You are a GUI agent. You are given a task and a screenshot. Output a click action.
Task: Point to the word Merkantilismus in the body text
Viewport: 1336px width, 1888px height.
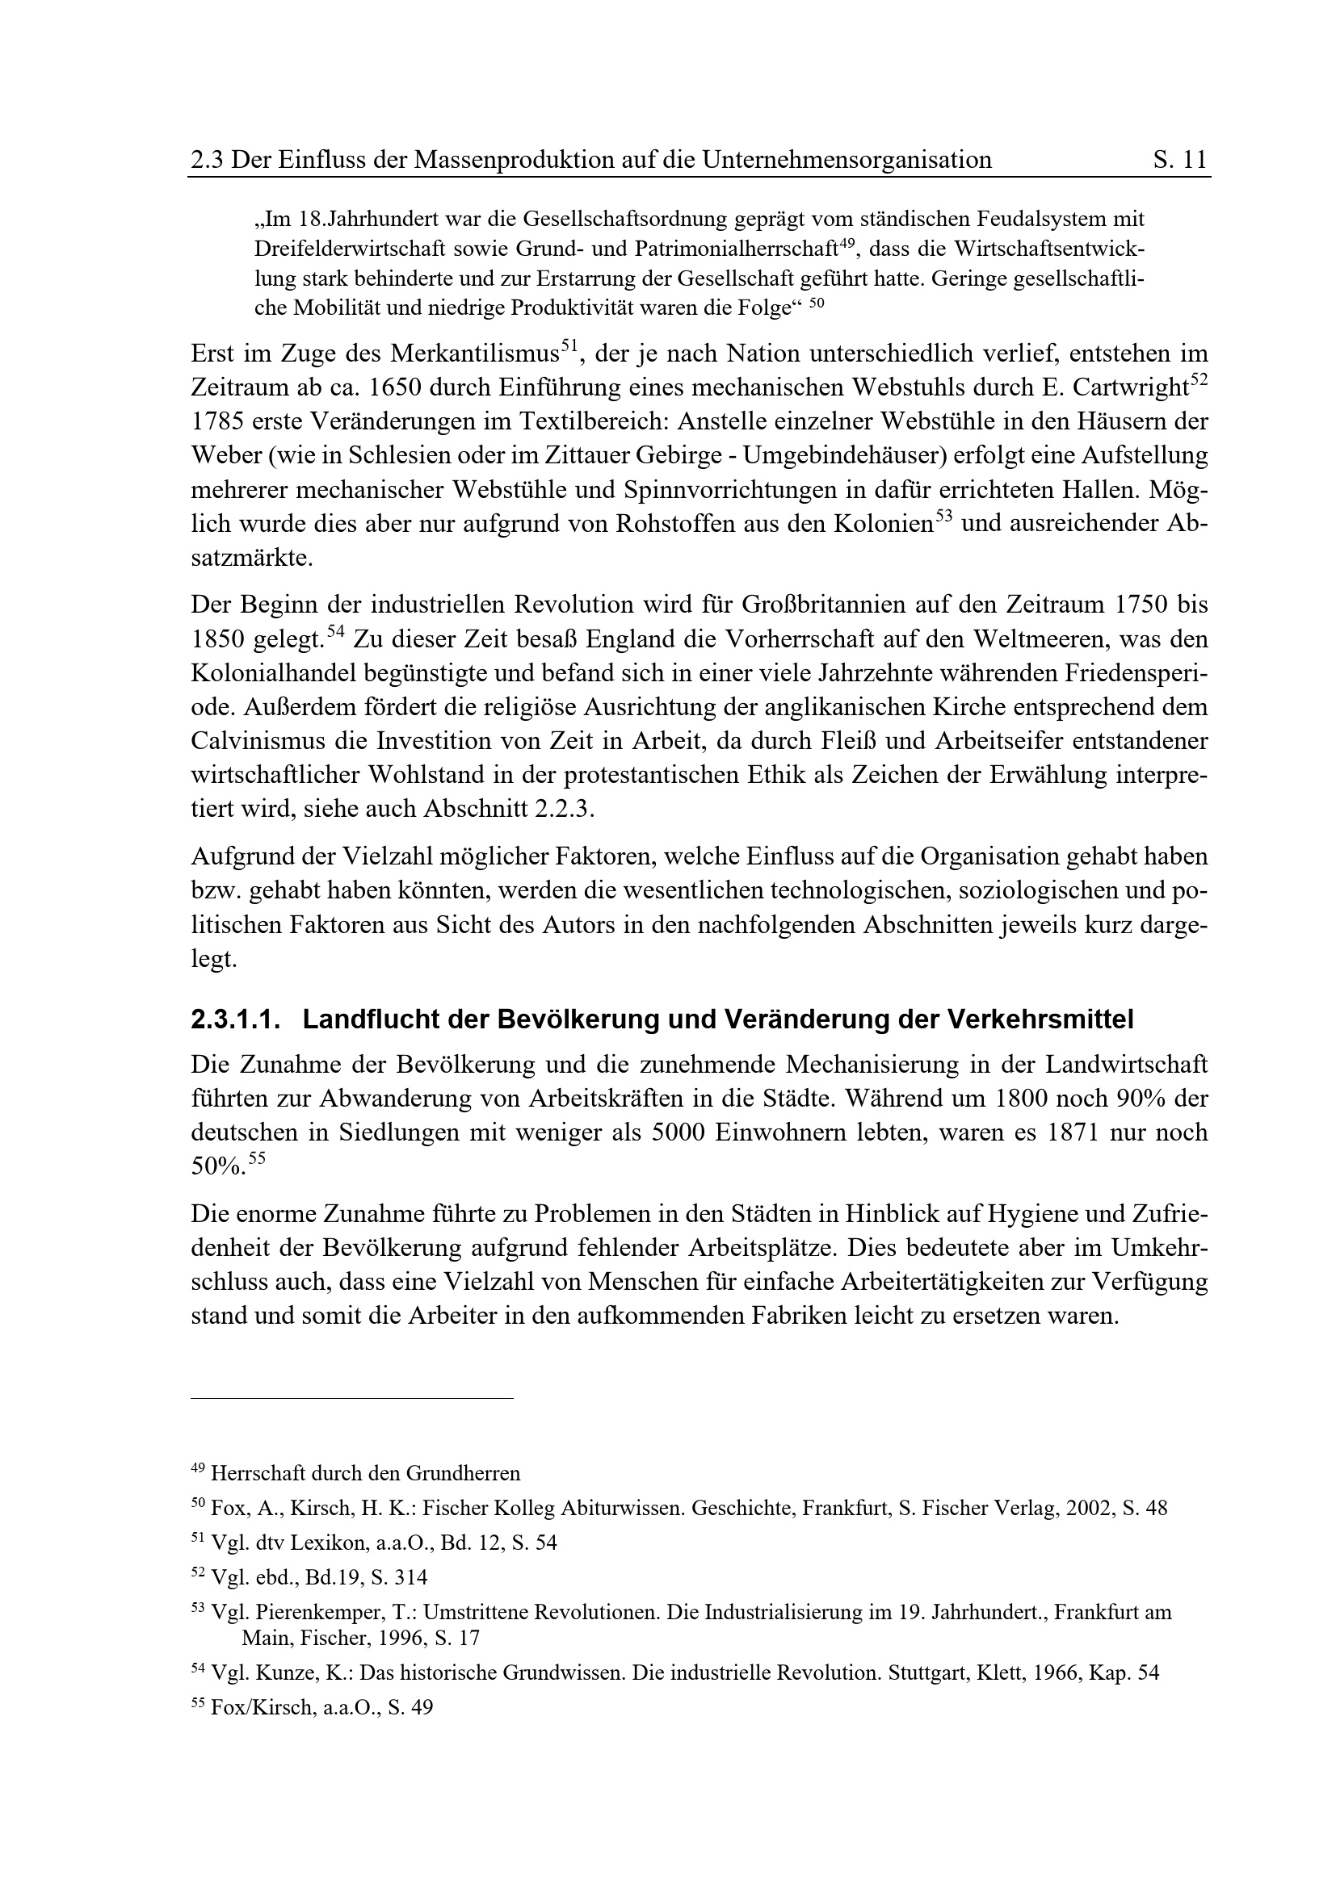pyautogui.click(x=475, y=354)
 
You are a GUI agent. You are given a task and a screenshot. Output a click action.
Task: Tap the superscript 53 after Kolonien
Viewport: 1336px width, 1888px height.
pyautogui.click(x=943, y=517)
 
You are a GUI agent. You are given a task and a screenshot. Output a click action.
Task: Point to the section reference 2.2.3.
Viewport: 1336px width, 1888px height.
pyautogui.click(x=564, y=808)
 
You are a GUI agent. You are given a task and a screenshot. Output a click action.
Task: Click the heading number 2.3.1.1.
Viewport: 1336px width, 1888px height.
pyautogui.click(x=235, y=1019)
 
